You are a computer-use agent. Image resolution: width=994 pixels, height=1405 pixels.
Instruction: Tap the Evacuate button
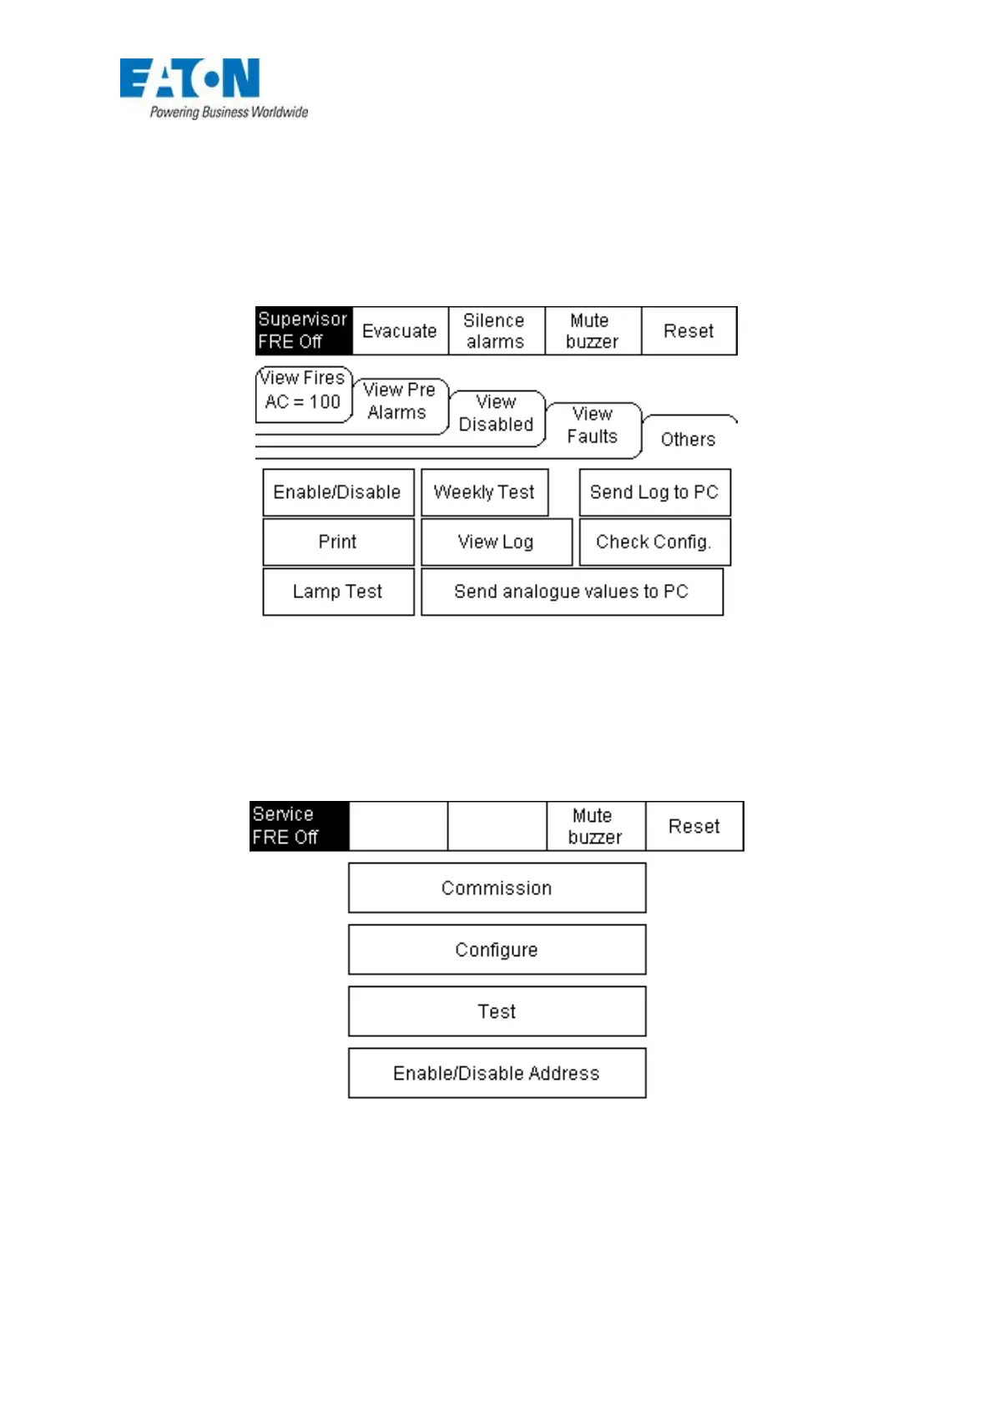(x=400, y=331)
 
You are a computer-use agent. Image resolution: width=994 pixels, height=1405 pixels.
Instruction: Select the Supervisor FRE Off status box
(x=303, y=330)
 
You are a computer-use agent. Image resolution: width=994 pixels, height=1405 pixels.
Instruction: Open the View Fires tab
(x=303, y=390)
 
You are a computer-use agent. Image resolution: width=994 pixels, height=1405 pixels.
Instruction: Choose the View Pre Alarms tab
(x=399, y=401)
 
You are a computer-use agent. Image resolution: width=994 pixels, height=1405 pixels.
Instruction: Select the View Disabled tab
(x=497, y=414)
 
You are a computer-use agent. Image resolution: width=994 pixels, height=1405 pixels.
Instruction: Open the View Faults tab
(x=593, y=426)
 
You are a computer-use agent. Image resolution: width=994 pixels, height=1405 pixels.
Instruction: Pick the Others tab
(x=689, y=439)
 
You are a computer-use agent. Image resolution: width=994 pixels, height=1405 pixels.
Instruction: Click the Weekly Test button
(x=484, y=492)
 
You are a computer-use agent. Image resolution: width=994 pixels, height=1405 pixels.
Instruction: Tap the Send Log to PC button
(x=654, y=492)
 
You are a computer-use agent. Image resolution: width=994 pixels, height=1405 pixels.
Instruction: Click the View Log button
(x=496, y=542)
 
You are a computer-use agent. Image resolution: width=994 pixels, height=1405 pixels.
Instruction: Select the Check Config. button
(x=654, y=542)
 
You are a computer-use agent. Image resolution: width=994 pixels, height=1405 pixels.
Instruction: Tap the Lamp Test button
(x=338, y=592)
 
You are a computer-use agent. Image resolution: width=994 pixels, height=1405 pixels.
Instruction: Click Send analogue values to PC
(x=572, y=592)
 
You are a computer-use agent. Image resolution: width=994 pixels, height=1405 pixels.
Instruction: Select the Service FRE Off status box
(x=298, y=826)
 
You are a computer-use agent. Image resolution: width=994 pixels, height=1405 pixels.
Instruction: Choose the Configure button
(x=497, y=949)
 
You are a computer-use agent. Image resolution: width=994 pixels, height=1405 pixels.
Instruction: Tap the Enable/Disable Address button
(x=497, y=1073)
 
